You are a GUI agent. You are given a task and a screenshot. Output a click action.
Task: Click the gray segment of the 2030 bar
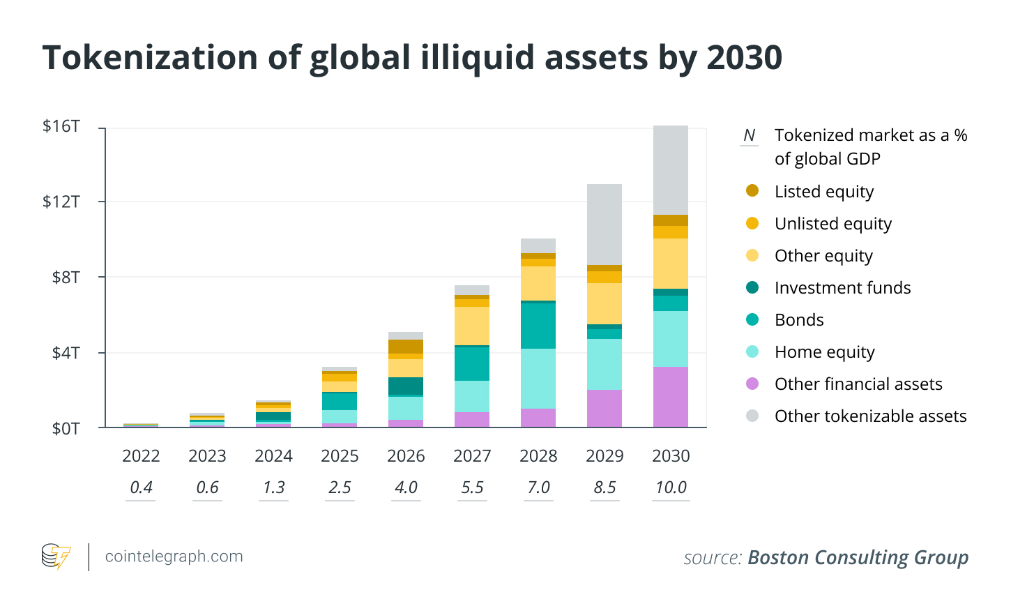point(670,170)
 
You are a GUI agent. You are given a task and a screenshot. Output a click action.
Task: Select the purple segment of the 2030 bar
point(670,396)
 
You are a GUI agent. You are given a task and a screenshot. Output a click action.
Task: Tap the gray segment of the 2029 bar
point(604,225)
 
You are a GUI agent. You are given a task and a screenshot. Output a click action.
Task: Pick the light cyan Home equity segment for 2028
point(538,378)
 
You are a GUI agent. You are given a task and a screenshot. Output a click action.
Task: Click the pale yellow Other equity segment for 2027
point(471,326)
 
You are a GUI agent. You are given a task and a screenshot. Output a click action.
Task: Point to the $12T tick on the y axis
point(61,202)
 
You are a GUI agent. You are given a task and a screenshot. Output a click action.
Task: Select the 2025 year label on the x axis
point(340,456)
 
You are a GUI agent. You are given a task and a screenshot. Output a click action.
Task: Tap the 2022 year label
point(141,456)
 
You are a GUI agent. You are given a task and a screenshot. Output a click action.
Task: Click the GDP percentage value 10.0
point(671,487)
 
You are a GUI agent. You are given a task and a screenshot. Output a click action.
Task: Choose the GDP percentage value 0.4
point(141,487)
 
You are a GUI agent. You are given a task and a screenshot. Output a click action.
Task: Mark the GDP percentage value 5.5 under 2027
point(472,487)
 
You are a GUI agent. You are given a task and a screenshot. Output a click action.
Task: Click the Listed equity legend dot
point(752,191)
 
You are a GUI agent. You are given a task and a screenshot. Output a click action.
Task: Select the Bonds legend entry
point(799,320)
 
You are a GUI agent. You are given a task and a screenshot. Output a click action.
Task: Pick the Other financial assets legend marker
point(752,384)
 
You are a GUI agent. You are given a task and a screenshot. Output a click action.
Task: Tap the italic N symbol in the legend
point(750,135)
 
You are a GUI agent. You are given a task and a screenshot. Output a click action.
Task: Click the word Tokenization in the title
point(150,57)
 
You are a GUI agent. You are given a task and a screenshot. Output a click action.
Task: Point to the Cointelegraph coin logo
point(56,557)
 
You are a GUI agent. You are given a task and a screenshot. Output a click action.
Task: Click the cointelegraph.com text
point(174,557)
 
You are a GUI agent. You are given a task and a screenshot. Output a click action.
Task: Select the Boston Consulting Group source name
point(858,558)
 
